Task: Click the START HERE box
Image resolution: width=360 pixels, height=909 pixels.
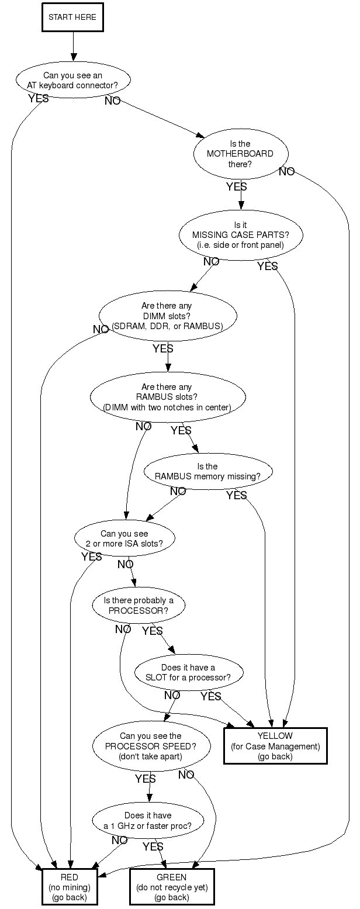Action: coord(72,18)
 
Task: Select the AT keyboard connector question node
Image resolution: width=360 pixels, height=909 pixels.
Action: coord(72,80)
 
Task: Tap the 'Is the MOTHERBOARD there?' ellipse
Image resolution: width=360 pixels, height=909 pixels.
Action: coord(240,154)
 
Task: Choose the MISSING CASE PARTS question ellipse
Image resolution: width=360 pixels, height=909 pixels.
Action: coord(240,235)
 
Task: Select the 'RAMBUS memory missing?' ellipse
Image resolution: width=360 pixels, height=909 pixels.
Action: coord(207,471)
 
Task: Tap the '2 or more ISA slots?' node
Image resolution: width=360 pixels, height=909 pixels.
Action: coord(124,538)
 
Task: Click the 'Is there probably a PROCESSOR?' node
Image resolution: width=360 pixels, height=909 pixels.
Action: coord(139,606)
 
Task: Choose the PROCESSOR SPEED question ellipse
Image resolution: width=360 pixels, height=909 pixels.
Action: coord(151,746)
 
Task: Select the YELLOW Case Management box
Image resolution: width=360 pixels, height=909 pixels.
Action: coord(275,746)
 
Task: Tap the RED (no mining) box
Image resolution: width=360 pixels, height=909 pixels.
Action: coord(69,887)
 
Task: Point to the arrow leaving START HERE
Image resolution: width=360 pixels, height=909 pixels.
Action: coord(73,46)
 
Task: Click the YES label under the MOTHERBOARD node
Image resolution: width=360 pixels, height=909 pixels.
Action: coord(237,187)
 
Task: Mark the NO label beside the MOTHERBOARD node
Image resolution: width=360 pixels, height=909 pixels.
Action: coord(286,172)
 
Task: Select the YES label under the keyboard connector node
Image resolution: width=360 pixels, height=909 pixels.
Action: coord(39,99)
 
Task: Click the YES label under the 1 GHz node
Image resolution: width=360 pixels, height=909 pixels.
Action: coord(153,846)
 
